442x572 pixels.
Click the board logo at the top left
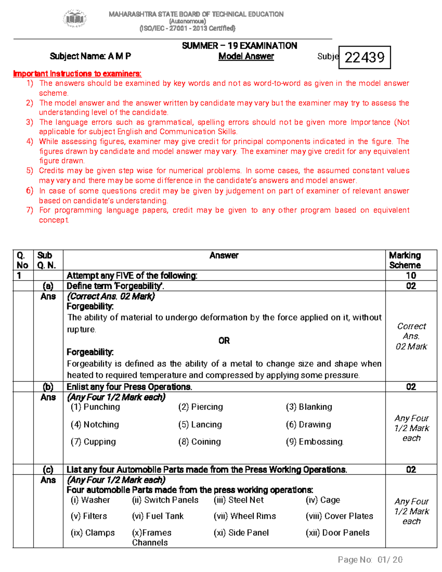[x=75, y=18]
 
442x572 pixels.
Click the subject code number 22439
[x=364, y=57]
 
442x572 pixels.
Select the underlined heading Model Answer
[x=246, y=56]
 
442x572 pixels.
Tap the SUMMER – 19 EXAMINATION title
[x=239, y=46]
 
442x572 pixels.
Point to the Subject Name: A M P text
[x=90, y=56]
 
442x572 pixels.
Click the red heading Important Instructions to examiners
[x=77, y=74]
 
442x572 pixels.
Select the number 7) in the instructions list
[x=30, y=210]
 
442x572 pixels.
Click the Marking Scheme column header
[x=405, y=260]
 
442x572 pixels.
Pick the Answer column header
[x=224, y=255]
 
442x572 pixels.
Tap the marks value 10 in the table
[x=411, y=276]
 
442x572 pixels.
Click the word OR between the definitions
[x=224, y=341]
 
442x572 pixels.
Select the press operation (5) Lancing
[x=200, y=425]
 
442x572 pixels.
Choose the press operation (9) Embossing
[x=315, y=442]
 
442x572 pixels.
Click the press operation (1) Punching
[x=95, y=407]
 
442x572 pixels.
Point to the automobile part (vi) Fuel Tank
[x=158, y=516]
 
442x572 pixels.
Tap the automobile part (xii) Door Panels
[x=337, y=533]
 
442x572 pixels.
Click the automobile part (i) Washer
[x=90, y=500]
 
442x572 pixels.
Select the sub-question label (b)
[x=48, y=387]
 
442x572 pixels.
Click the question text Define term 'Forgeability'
[x=115, y=286]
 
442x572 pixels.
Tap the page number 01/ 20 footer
[x=370, y=560]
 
